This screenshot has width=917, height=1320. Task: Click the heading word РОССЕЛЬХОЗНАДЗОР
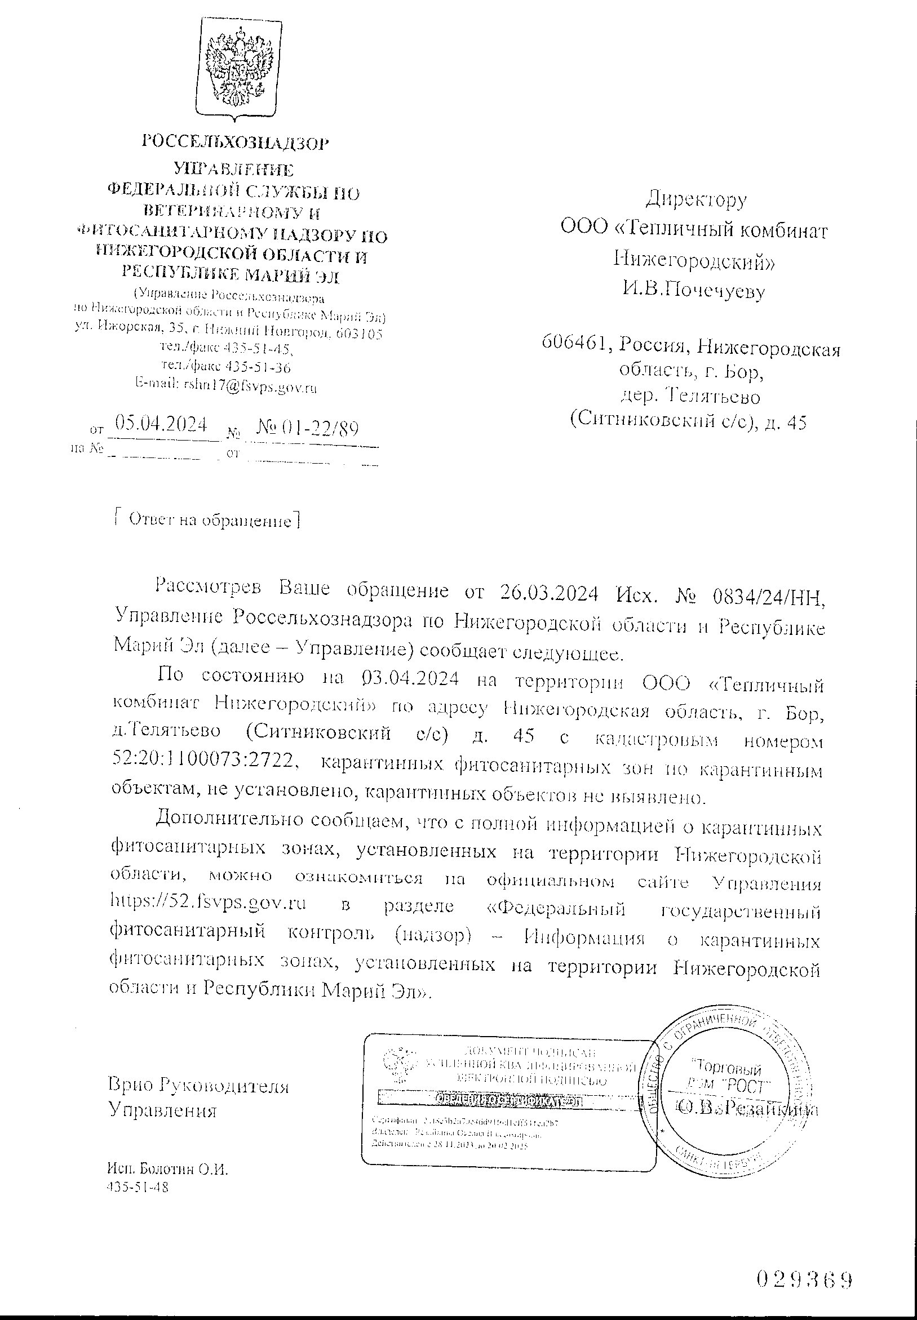click(236, 142)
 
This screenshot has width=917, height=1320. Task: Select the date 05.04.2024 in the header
click(161, 425)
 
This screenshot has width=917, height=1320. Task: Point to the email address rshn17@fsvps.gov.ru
click(250, 387)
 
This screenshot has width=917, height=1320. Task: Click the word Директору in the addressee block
click(697, 199)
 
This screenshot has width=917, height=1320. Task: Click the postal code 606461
click(572, 344)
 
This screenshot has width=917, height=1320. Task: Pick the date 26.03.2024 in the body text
click(550, 593)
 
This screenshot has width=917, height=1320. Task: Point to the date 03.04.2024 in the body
click(411, 678)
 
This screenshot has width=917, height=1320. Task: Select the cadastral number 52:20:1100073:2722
click(205, 761)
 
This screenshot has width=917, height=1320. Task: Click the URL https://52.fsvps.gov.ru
click(208, 903)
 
